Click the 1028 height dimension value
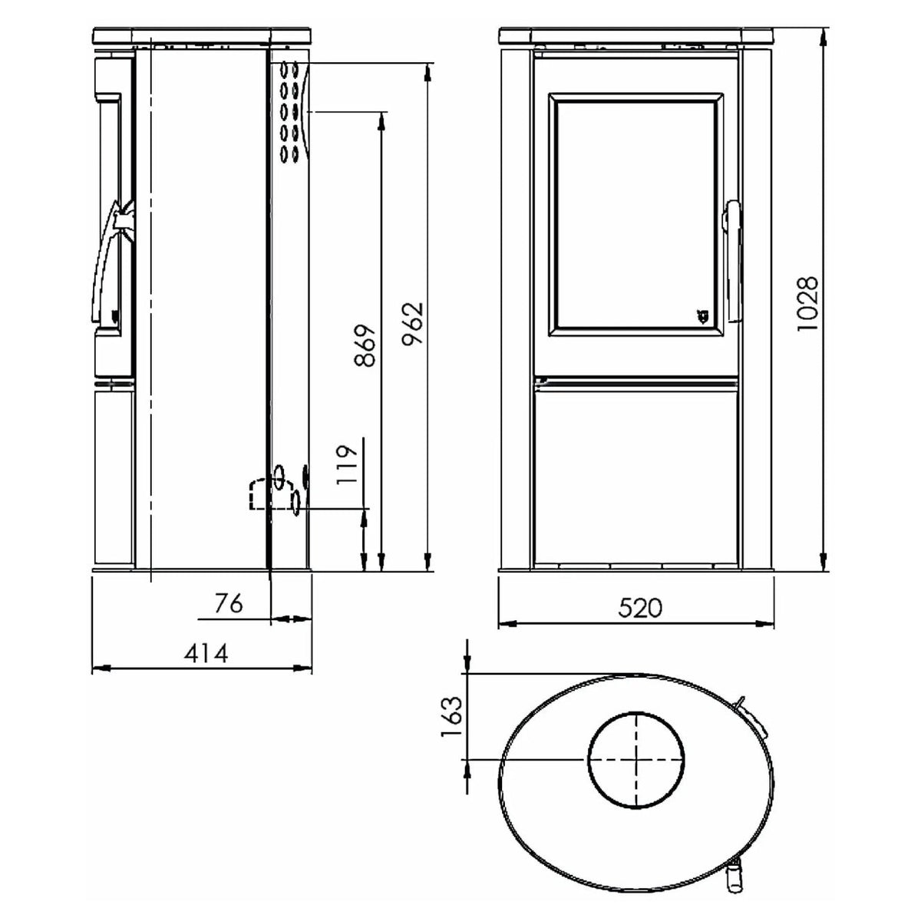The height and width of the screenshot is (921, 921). (x=807, y=303)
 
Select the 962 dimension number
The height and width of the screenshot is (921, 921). (x=412, y=324)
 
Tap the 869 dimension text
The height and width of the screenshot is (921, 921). (x=365, y=346)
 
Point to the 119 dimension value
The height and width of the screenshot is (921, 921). (x=346, y=465)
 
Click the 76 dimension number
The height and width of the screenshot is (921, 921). (x=229, y=603)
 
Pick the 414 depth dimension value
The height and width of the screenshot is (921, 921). (x=206, y=653)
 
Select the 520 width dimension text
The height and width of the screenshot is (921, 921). (x=640, y=608)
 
